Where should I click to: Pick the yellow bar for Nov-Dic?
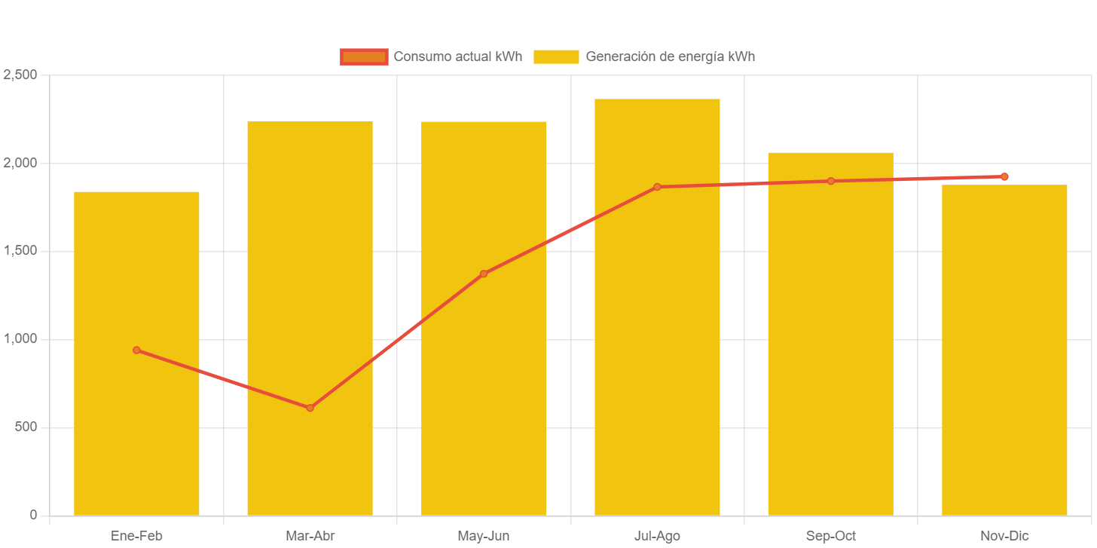(x=1004, y=354)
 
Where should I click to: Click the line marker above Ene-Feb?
(x=136, y=350)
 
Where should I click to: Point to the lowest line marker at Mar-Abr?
(x=310, y=408)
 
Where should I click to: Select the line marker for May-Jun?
(x=484, y=274)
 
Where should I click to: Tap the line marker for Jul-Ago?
(x=657, y=187)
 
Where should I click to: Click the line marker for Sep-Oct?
(x=831, y=181)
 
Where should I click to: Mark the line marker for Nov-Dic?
(x=1004, y=176)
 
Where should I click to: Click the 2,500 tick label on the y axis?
(x=20, y=75)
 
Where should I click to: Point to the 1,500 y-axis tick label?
(x=20, y=251)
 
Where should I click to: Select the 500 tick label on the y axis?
(x=24, y=427)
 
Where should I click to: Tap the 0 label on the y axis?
(x=33, y=515)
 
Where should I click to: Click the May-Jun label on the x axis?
(x=484, y=536)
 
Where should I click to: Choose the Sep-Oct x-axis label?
(x=831, y=536)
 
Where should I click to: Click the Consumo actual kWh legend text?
(x=458, y=57)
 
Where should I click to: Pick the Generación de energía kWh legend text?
(x=670, y=57)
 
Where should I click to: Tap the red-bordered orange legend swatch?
(x=364, y=57)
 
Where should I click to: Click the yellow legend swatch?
(x=556, y=57)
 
